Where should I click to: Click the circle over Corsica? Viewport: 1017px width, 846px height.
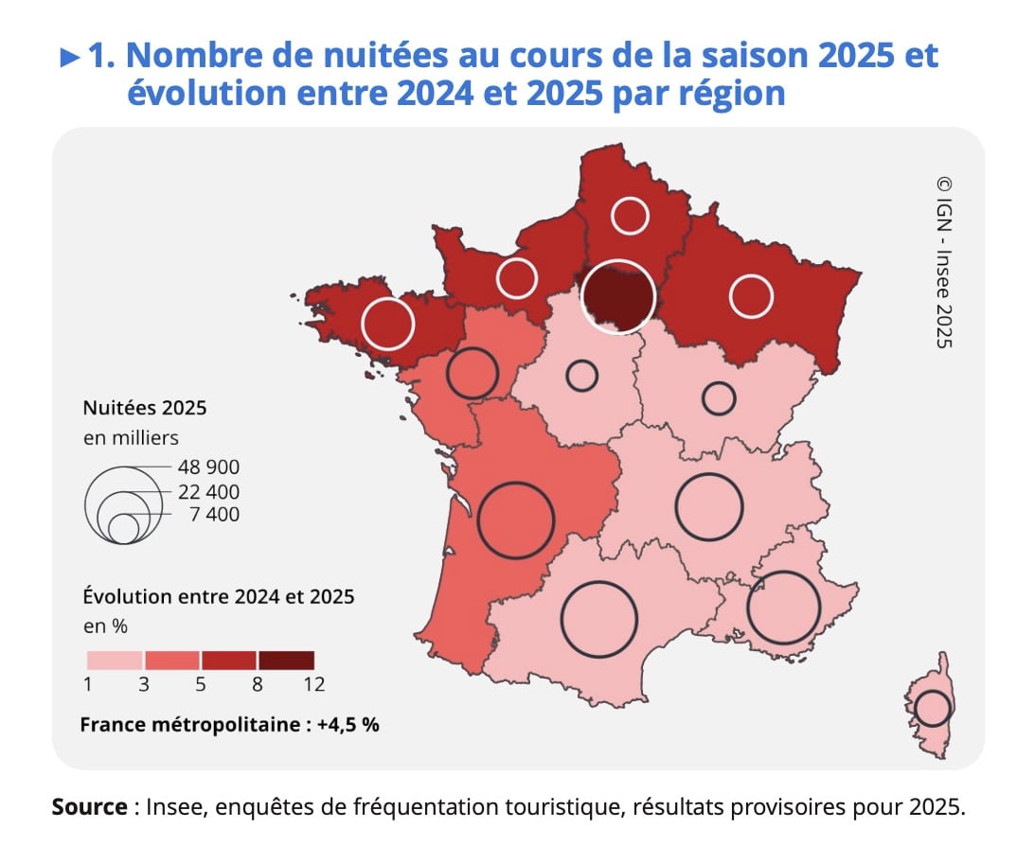pyautogui.click(x=933, y=708)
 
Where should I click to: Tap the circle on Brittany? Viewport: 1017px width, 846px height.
pyautogui.click(x=388, y=323)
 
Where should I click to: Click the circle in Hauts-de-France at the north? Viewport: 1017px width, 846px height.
pyautogui.click(x=630, y=216)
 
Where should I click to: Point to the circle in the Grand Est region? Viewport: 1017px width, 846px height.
pyautogui.click(x=751, y=296)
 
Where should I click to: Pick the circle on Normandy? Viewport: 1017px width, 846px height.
pyautogui.click(x=517, y=278)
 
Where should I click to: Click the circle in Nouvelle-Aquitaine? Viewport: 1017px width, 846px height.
pyautogui.click(x=514, y=520)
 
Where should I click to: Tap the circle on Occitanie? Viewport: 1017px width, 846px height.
pyautogui.click(x=598, y=619)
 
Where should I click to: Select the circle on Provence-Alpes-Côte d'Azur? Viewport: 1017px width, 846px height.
pyautogui.click(x=783, y=608)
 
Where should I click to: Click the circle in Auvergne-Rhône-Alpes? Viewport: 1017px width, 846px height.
pyautogui.click(x=709, y=506)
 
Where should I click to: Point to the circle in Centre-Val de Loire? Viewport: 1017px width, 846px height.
pyautogui.click(x=581, y=376)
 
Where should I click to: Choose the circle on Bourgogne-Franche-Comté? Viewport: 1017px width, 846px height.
pyautogui.click(x=719, y=398)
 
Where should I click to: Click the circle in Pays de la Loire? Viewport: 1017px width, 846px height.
pyautogui.click(x=472, y=373)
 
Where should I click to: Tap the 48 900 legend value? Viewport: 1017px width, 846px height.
pyautogui.click(x=208, y=467)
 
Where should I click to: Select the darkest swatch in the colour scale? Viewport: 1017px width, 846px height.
pyautogui.click(x=286, y=660)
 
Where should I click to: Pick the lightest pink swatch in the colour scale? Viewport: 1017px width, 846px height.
pyautogui.click(x=115, y=660)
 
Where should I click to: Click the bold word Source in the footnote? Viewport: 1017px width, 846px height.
pyautogui.click(x=89, y=807)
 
